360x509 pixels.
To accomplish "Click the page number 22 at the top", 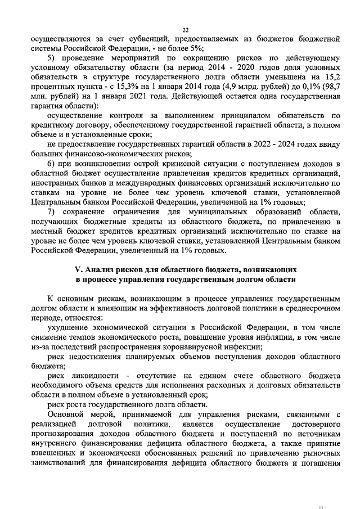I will tap(186, 30).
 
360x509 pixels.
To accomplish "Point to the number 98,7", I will tap(331, 86).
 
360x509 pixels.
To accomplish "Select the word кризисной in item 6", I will tap(163, 163).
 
